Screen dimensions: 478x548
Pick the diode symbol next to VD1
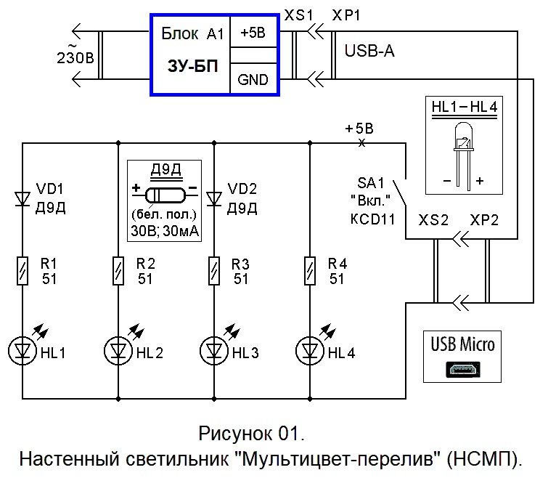[x=23, y=196]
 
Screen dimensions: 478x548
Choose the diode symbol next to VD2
[x=213, y=198]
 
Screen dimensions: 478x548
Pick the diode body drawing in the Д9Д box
[x=165, y=195]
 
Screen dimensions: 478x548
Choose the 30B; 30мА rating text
[x=165, y=231]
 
